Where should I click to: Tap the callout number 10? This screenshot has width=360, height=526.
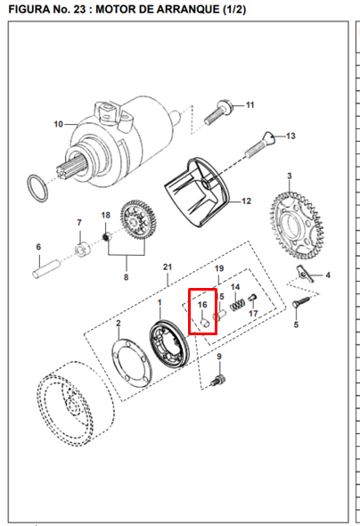pyautogui.click(x=59, y=124)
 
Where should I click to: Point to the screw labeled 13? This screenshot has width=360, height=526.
pyautogui.click(x=265, y=139)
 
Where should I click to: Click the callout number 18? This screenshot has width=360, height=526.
pyautogui.click(x=105, y=216)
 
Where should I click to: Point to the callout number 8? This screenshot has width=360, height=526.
pyautogui.click(x=126, y=277)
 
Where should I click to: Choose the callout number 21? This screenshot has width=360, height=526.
pyautogui.click(x=167, y=267)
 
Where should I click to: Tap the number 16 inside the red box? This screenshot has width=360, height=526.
pyautogui.click(x=202, y=305)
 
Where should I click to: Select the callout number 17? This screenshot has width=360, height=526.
pyautogui.click(x=253, y=314)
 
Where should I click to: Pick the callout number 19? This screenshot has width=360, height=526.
pyautogui.click(x=218, y=268)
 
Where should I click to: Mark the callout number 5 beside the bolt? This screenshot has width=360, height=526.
pyautogui.click(x=297, y=325)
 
